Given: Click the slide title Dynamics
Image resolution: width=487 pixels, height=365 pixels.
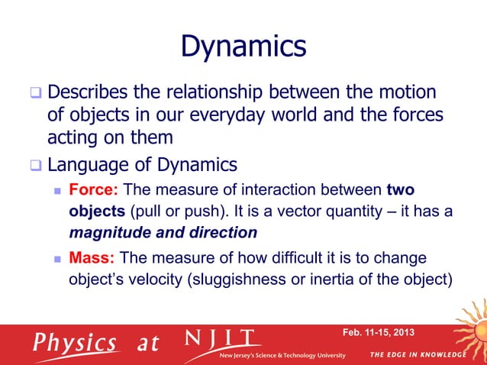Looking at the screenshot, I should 243,46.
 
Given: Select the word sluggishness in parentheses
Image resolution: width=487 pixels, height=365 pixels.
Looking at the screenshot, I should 253,279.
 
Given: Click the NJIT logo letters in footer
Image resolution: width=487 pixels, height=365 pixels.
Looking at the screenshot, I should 221,339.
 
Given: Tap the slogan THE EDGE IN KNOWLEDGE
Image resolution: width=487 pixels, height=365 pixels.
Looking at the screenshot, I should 417,355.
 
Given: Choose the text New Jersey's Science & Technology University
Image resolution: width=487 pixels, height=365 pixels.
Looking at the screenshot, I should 282,356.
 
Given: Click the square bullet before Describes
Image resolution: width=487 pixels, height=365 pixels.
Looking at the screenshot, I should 34,93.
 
